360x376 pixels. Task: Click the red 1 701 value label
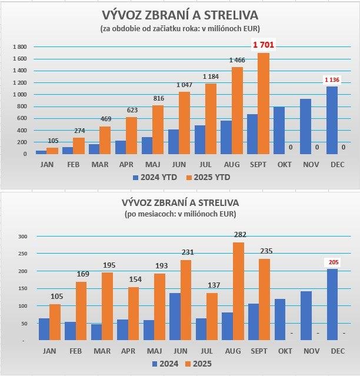(x=264, y=45)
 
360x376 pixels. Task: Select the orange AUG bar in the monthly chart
(x=239, y=291)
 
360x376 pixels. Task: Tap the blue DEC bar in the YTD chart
(x=332, y=120)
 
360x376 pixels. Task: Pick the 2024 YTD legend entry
(x=154, y=177)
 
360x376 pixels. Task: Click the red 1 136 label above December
(x=332, y=79)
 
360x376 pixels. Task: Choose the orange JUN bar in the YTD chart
(x=185, y=123)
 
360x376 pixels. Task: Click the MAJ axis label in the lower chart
(x=153, y=350)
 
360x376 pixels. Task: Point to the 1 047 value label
(x=185, y=86)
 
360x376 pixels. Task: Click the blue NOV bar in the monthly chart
(x=306, y=315)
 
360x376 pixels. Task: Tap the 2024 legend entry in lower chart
(x=165, y=364)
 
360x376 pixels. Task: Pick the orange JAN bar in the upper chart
(x=52, y=151)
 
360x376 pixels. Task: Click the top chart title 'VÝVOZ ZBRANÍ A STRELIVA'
(x=180, y=15)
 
